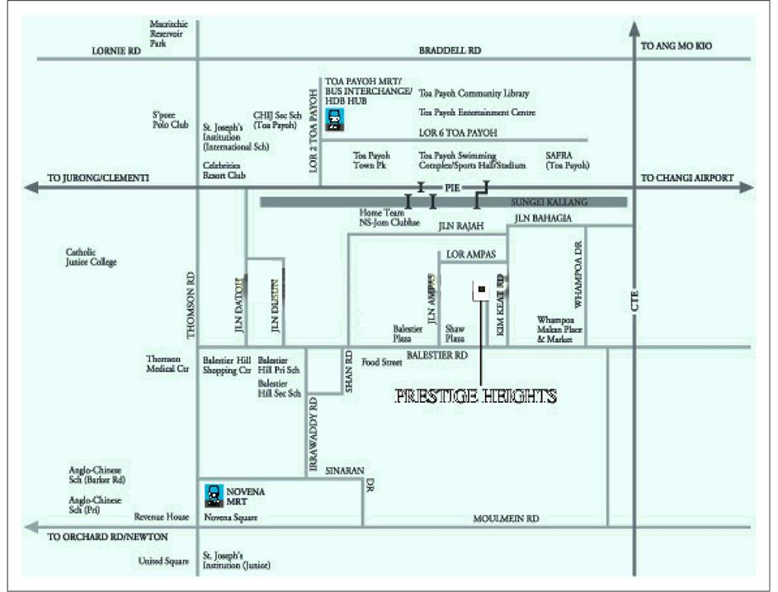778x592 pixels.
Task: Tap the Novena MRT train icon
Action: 214,495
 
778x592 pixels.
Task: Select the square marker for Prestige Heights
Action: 480,290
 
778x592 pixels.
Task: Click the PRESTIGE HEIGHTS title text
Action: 475,395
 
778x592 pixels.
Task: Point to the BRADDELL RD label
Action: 450,51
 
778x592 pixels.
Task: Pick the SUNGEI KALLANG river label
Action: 544,201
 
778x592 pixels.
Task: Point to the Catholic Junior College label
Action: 92,257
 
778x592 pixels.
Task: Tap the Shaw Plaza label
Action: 455,333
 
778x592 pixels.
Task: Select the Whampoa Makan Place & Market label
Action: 559,329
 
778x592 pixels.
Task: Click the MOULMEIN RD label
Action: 506,519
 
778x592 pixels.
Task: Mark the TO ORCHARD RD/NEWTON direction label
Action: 108,537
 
